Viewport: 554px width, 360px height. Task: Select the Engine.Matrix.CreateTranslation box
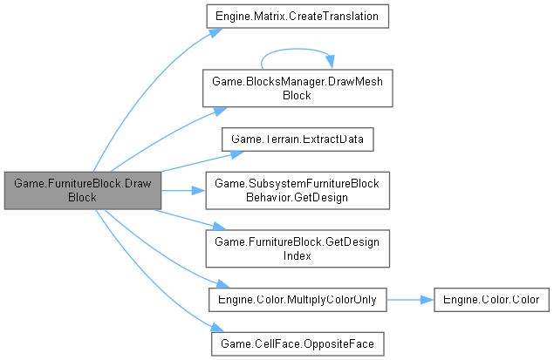tap(295, 17)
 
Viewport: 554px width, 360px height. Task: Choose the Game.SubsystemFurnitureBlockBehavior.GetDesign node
tap(296, 190)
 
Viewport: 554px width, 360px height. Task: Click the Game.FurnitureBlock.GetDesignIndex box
tap(296, 248)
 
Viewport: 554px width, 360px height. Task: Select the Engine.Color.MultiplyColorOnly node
tap(298, 299)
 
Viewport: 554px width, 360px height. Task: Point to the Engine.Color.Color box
tap(491, 299)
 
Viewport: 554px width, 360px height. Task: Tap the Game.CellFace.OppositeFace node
tap(298, 344)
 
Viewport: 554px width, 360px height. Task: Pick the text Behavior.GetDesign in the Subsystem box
tap(296, 197)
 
